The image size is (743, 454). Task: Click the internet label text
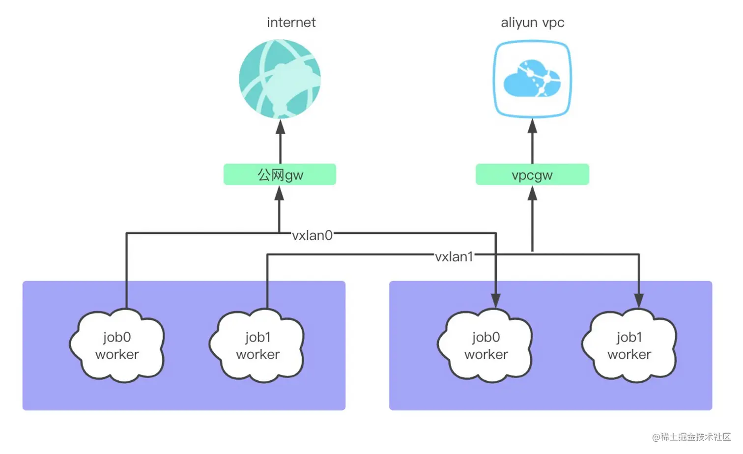tap(291, 23)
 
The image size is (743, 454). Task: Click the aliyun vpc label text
tap(532, 23)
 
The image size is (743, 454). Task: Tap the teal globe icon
tap(280, 79)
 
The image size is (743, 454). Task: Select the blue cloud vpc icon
tap(532, 79)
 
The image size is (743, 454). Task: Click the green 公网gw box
tap(280, 174)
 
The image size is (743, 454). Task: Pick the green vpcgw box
tap(532, 174)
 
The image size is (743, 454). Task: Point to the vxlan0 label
tap(312, 235)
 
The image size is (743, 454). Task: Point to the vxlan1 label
tap(454, 256)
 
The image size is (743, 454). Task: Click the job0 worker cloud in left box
tap(117, 345)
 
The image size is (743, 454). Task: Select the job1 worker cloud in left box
tap(257, 345)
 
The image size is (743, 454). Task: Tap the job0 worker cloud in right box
tap(486, 345)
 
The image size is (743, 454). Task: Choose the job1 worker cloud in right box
tap(629, 345)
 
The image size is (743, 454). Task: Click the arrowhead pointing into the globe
tap(280, 127)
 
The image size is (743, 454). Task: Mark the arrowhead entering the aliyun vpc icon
tap(532, 126)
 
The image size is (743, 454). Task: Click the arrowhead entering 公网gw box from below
tap(279, 193)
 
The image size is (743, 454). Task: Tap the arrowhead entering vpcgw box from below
tap(532, 193)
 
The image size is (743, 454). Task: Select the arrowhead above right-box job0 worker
tap(495, 301)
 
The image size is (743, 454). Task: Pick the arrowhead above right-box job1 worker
tap(639, 301)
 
